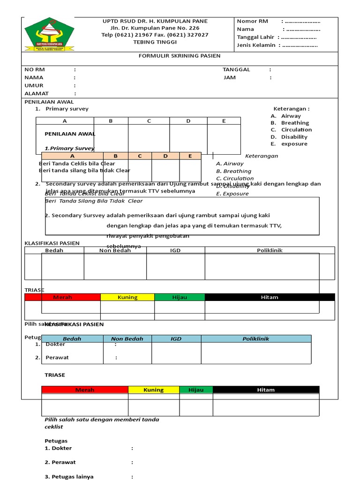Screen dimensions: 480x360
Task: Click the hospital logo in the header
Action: (x=49, y=34)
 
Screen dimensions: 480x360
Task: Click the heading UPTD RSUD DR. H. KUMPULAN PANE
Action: (x=155, y=21)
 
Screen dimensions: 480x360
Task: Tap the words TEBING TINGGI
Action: (x=155, y=42)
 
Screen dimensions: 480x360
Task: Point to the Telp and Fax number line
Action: (x=155, y=35)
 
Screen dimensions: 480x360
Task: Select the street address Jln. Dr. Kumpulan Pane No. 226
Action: (x=155, y=28)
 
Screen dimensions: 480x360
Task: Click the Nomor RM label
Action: (x=253, y=21)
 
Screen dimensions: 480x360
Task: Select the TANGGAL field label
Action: (x=236, y=69)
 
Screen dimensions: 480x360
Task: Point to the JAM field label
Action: (x=230, y=77)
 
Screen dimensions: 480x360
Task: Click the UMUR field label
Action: (x=34, y=86)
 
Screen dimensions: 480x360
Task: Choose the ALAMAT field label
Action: (x=37, y=94)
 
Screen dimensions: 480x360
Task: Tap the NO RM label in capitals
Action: (x=35, y=69)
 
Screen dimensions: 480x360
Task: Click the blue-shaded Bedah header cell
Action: (x=72, y=338)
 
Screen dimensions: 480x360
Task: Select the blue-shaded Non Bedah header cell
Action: (x=127, y=338)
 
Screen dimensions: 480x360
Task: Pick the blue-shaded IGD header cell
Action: (x=176, y=338)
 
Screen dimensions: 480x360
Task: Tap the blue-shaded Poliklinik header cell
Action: (x=256, y=338)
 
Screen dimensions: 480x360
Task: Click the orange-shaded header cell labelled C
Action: (x=140, y=156)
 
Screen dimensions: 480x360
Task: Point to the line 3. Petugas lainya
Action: (x=69, y=477)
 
